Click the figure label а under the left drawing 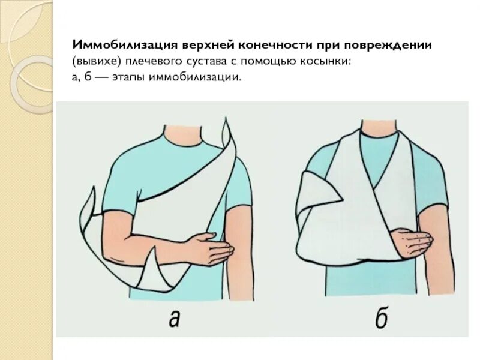[174, 319]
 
